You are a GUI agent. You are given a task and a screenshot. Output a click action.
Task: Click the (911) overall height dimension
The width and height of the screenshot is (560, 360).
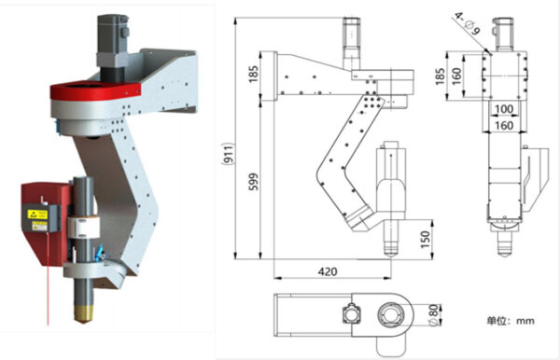(229, 153)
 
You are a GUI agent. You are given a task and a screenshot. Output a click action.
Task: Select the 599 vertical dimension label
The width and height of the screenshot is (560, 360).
(253, 182)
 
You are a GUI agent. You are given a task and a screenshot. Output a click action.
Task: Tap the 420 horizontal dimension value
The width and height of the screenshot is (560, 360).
(328, 272)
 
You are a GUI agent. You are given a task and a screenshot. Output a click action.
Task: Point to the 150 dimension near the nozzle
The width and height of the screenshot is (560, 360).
(425, 240)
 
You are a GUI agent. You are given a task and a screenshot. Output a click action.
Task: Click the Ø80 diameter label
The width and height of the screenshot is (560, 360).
(433, 314)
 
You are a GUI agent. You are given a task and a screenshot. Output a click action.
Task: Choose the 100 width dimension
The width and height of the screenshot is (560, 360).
(504, 109)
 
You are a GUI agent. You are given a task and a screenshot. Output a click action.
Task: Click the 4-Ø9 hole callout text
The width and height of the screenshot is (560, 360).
(468, 23)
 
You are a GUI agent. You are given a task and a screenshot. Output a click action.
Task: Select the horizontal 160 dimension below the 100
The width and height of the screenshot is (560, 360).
(504, 126)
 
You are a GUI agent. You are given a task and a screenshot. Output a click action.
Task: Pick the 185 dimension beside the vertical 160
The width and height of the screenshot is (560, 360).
(441, 76)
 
